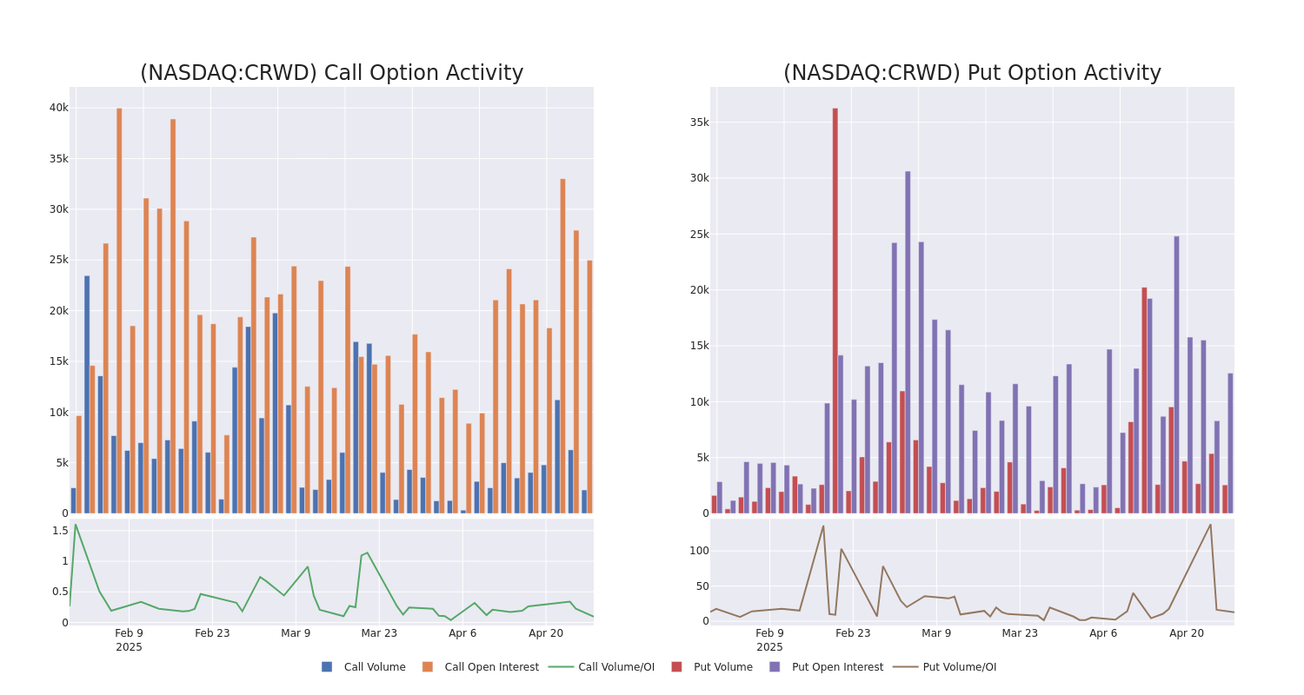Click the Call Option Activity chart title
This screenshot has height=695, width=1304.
pyautogui.click(x=331, y=73)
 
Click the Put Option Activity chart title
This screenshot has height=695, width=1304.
pyautogui.click(x=972, y=73)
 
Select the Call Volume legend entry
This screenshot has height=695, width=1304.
pyautogui.click(x=374, y=667)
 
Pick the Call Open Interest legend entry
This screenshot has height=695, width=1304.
pyautogui.click(x=491, y=667)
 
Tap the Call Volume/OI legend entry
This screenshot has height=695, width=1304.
pyautogui.click(x=615, y=667)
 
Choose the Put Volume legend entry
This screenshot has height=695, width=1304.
pyautogui.click(x=722, y=667)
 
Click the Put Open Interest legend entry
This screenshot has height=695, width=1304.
pyautogui.click(x=836, y=667)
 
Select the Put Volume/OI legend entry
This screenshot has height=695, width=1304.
pyautogui.click(x=959, y=667)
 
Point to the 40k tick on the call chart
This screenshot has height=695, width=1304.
pyautogui.click(x=58, y=108)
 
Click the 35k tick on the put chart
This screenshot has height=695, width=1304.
pyautogui.click(x=699, y=122)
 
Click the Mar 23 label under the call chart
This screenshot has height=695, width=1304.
pyautogui.click(x=379, y=633)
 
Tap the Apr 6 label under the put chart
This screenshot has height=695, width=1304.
pyautogui.click(x=1103, y=633)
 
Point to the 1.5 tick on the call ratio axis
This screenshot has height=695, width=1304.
pyautogui.click(x=60, y=531)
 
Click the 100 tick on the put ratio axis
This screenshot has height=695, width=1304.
pyautogui.click(x=699, y=551)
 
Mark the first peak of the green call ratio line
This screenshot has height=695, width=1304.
pyautogui.click(x=75, y=525)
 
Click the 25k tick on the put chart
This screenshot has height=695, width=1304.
pyautogui.click(x=699, y=235)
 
